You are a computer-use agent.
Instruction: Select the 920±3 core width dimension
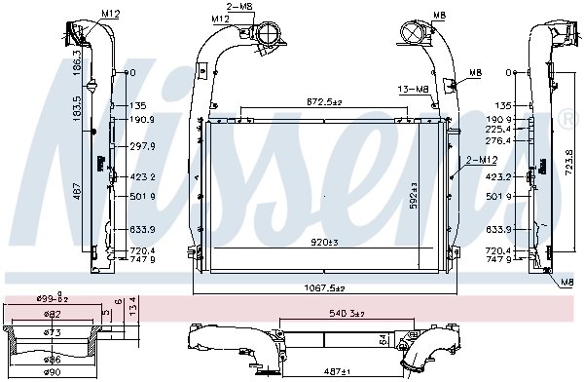(x=324, y=240)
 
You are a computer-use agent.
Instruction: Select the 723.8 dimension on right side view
(x=566, y=157)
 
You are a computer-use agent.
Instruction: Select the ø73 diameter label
(x=53, y=333)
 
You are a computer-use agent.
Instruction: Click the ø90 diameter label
(x=53, y=372)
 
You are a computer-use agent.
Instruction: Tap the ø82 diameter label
(x=53, y=314)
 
